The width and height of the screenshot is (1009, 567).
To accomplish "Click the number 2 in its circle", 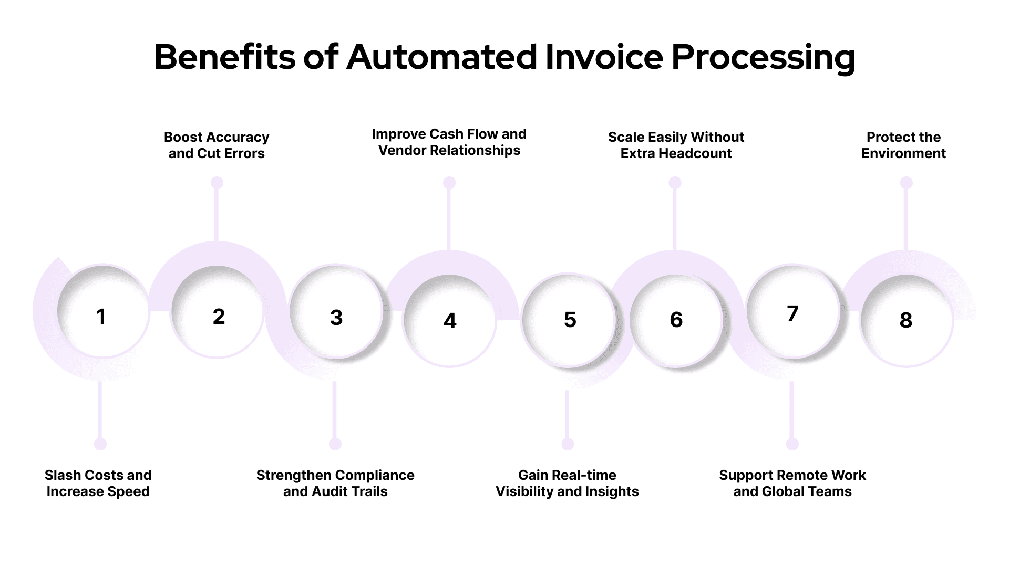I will tap(219, 316).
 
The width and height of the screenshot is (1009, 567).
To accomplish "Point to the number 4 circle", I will tap(450, 320).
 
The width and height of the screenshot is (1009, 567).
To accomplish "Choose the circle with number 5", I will tap(569, 319).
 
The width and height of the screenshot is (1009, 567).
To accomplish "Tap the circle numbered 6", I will tap(676, 319).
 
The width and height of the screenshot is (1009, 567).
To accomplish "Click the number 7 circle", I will tap(792, 312).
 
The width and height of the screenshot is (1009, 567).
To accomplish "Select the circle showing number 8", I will tap(906, 320).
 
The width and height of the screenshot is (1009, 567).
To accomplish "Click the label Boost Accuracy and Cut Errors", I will tap(217, 145).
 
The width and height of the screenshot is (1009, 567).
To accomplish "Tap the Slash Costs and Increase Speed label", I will tap(98, 484).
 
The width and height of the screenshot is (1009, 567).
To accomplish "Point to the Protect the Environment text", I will tap(903, 145).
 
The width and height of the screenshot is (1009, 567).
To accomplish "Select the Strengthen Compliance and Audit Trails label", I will tap(335, 484).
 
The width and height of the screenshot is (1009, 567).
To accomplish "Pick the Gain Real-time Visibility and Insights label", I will tap(567, 484).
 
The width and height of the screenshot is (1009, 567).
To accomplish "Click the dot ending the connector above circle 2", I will tap(217, 183).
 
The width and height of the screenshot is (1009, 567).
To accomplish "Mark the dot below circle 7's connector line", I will tap(792, 444).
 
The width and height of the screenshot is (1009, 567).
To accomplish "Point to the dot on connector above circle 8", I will tap(906, 183).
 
